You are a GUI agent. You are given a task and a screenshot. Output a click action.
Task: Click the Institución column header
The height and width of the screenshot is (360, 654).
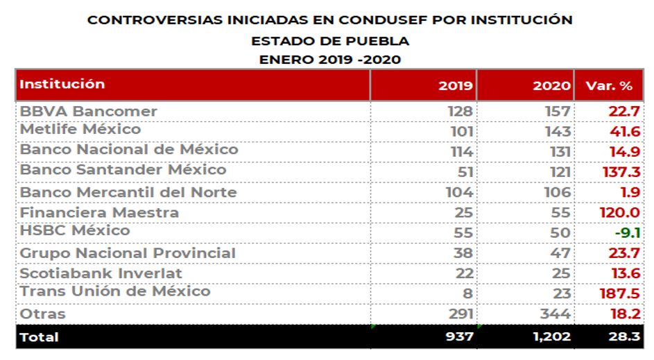[62, 85]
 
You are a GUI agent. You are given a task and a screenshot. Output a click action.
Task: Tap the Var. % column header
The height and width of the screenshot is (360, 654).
[609, 87]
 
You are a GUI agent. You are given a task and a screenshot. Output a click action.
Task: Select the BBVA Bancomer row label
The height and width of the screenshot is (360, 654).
[88, 111]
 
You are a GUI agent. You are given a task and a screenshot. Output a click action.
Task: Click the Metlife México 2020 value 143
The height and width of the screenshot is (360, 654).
[558, 131]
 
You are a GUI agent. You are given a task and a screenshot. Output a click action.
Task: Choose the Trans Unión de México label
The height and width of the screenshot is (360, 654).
[114, 291]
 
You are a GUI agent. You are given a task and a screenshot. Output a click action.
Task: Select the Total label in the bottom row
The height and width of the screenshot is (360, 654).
[40, 338]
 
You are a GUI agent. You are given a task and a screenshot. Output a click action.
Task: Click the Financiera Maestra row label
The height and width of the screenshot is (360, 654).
[99, 212]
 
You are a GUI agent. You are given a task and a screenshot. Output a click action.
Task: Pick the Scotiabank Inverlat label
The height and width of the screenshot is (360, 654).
[101, 273]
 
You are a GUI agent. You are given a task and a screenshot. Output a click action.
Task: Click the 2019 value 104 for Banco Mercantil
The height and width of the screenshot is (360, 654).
[459, 192]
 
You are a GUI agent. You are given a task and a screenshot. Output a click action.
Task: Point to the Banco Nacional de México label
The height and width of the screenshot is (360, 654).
[128, 149]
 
